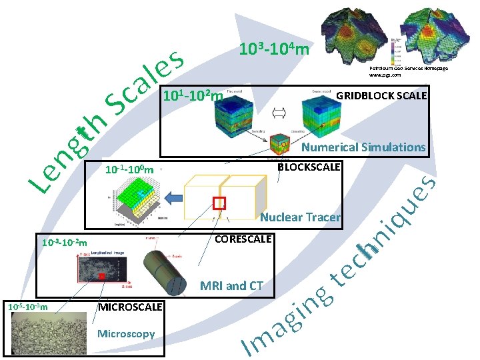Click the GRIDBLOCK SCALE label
pyautogui.click(x=381, y=95)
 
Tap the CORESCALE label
pyautogui.click(x=243, y=238)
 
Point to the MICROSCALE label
pyautogui.click(x=131, y=307)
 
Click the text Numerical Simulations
pyautogui.click(x=363, y=147)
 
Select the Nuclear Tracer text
pyautogui.click(x=300, y=217)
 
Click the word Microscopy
pyautogui.click(x=126, y=333)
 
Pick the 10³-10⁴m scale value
pyautogui.click(x=273, y=49)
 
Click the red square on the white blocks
pyautogui.click(x=219, y=203)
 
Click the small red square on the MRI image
pyautogui.click(x=101, y=275)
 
